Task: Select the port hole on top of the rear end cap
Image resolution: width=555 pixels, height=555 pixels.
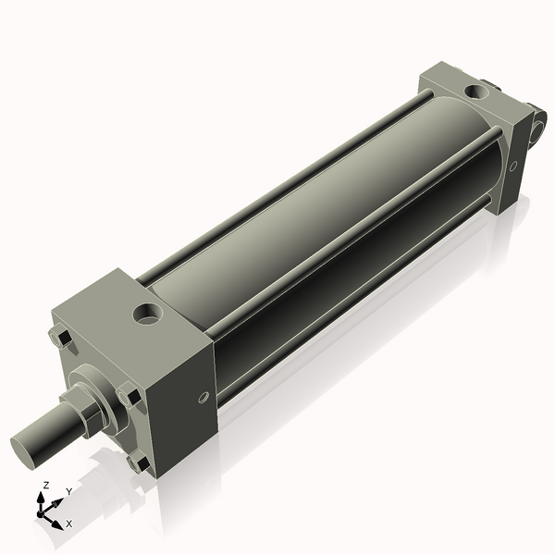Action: click(475, 92)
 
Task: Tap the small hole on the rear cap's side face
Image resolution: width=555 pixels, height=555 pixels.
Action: click(512, 167)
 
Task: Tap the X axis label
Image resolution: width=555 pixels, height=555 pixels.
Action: click(69, 524)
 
